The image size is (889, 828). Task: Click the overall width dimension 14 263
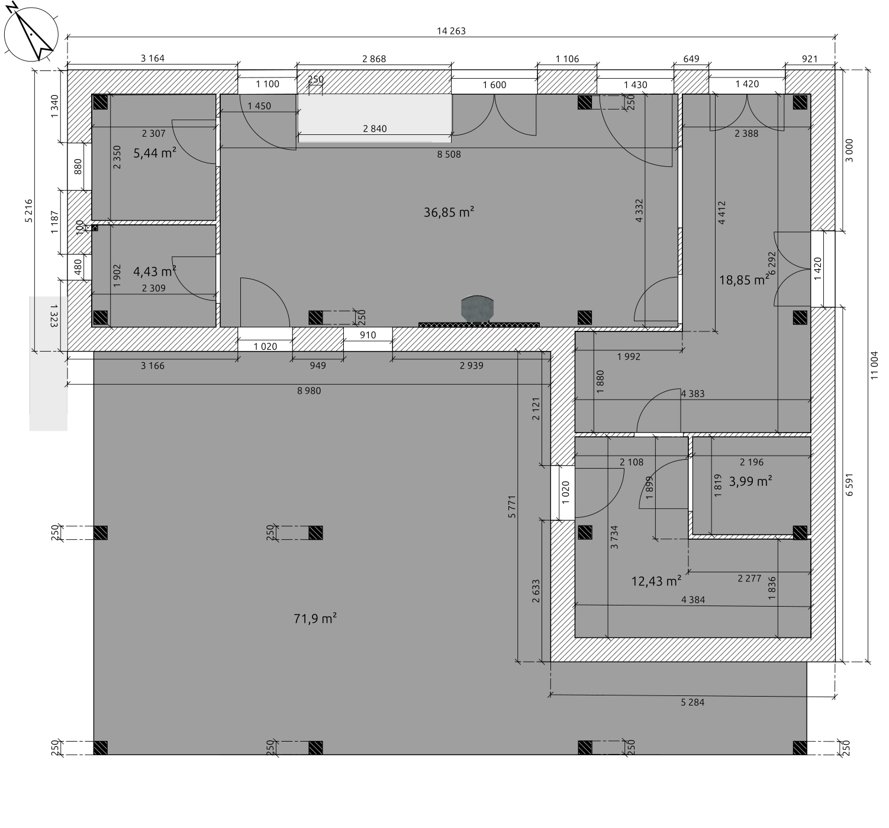pos(451,31)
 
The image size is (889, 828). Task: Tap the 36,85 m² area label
pos(449,212)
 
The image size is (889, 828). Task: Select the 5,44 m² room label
pos(154,153)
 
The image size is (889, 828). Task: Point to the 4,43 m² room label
pos(154,272)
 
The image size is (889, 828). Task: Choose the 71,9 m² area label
pos(315,618)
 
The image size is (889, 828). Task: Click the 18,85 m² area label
pos(744,280)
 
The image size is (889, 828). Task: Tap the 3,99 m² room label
pos(751,481)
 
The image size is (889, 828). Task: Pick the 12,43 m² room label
pos(656,581)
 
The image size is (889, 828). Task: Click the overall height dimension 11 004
pos(874,365)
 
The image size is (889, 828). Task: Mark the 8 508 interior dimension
pos(449,154)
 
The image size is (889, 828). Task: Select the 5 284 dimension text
pos(692,702)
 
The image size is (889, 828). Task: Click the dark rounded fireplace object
pos(477,308)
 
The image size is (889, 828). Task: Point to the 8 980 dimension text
pos(309,391)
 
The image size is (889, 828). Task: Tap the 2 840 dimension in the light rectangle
pos(375,128)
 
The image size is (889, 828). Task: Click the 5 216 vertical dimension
pos(28,211)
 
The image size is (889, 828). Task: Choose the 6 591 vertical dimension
pos(849,485)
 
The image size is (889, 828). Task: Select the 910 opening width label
pos(368,335)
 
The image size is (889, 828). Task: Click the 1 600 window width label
pos(494,85)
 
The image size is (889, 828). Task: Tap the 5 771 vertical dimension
pos(512,507)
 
